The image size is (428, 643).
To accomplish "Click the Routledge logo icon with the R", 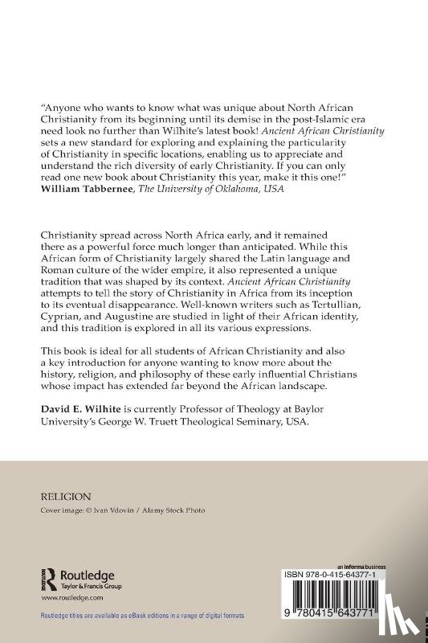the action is click(x=49, y=577).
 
